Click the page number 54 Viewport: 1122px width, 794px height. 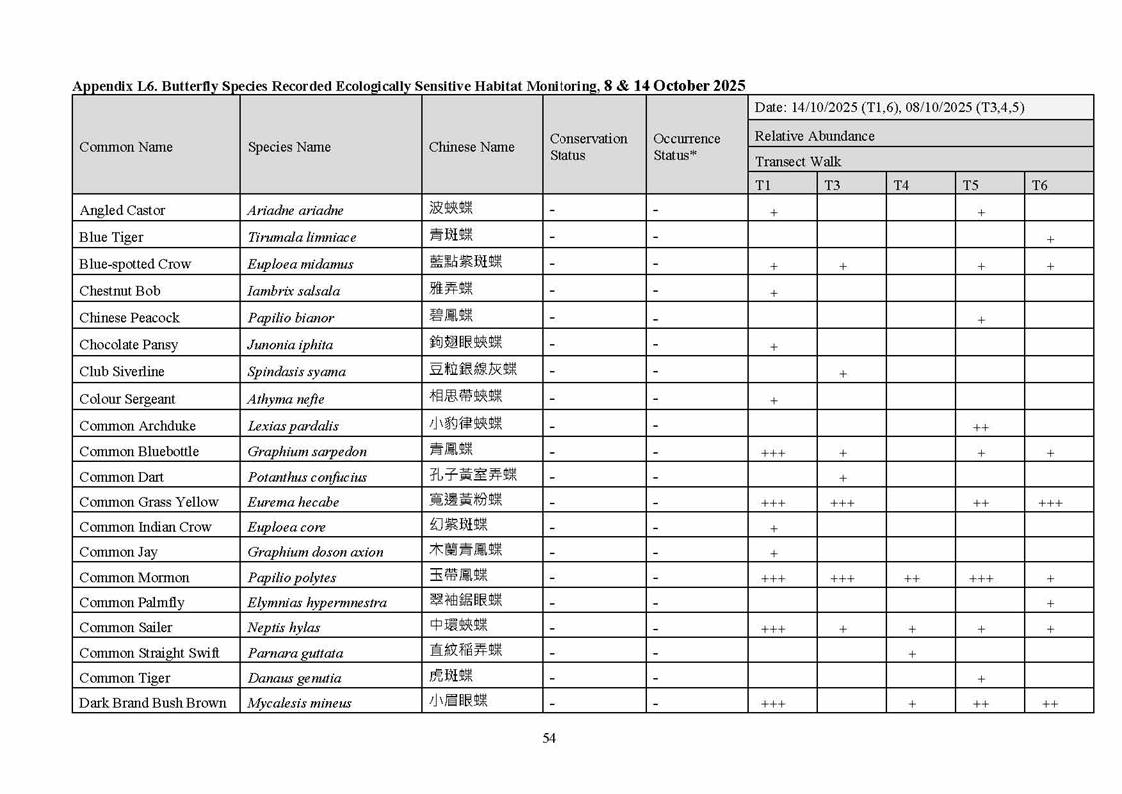pos(549,738)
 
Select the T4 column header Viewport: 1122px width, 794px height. pos(901,185)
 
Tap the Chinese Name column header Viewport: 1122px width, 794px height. pos(471,147)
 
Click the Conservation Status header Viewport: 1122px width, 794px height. pos(588,147)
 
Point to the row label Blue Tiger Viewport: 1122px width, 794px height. pos(111,237)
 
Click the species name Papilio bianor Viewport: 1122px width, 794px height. pos(291,318)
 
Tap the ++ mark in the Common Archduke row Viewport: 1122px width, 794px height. pos(980,427)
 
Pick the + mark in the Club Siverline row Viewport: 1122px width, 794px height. pos(843,373)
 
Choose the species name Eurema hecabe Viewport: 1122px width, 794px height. pos(293,502)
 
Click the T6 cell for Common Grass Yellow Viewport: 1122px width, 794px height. pos(1050,503)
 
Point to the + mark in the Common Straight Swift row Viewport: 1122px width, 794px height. pos(912,654)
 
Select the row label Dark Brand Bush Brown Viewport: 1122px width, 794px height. pos(153,703)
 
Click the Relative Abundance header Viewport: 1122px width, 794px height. pos(814,136)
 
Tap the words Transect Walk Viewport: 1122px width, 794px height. pos(798,161)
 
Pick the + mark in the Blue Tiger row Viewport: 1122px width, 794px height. pos(1050,239)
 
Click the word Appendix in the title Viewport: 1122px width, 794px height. pos(100,86)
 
